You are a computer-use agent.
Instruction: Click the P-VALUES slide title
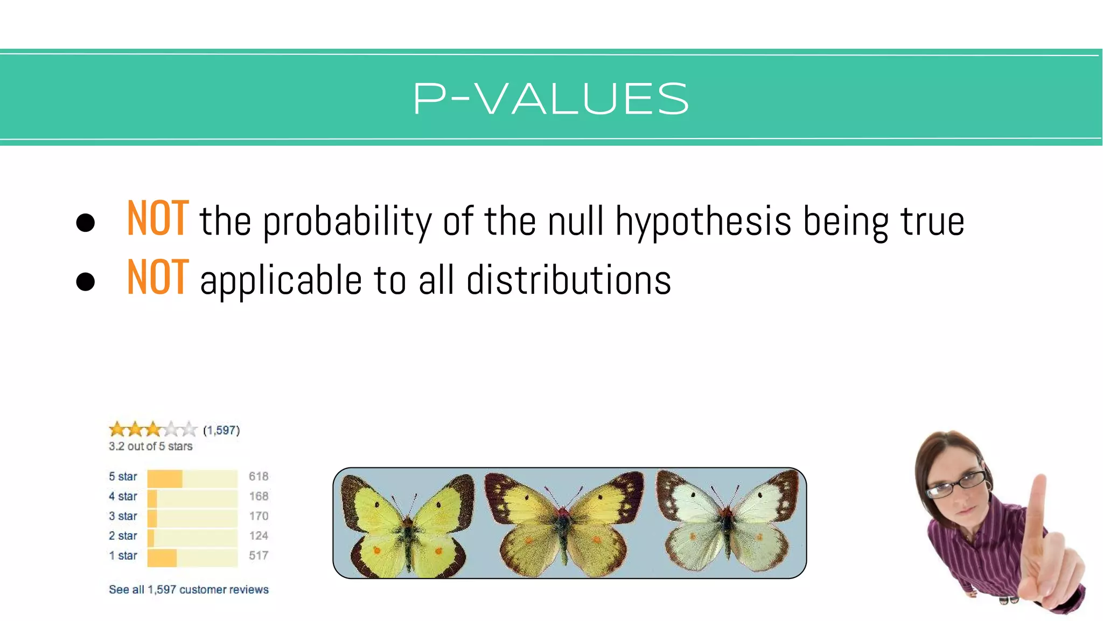tap(550, 99)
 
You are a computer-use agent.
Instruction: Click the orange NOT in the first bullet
tap(158, 219)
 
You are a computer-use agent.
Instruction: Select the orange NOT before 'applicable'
tap(158, 278)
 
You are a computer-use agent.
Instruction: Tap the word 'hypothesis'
tap(703, 222)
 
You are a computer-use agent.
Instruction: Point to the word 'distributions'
tap(568, 280)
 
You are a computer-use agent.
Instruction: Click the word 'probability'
tap(347, 222)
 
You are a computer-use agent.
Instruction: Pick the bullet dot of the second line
tap(86, 281)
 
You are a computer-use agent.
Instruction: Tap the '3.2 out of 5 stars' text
tap(150, 446)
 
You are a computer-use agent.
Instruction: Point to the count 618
tap(259, 477)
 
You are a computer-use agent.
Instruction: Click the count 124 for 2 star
tap(259, 536)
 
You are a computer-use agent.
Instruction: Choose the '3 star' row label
tap(123, 516)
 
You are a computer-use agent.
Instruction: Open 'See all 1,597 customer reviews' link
tap(189, 590)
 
